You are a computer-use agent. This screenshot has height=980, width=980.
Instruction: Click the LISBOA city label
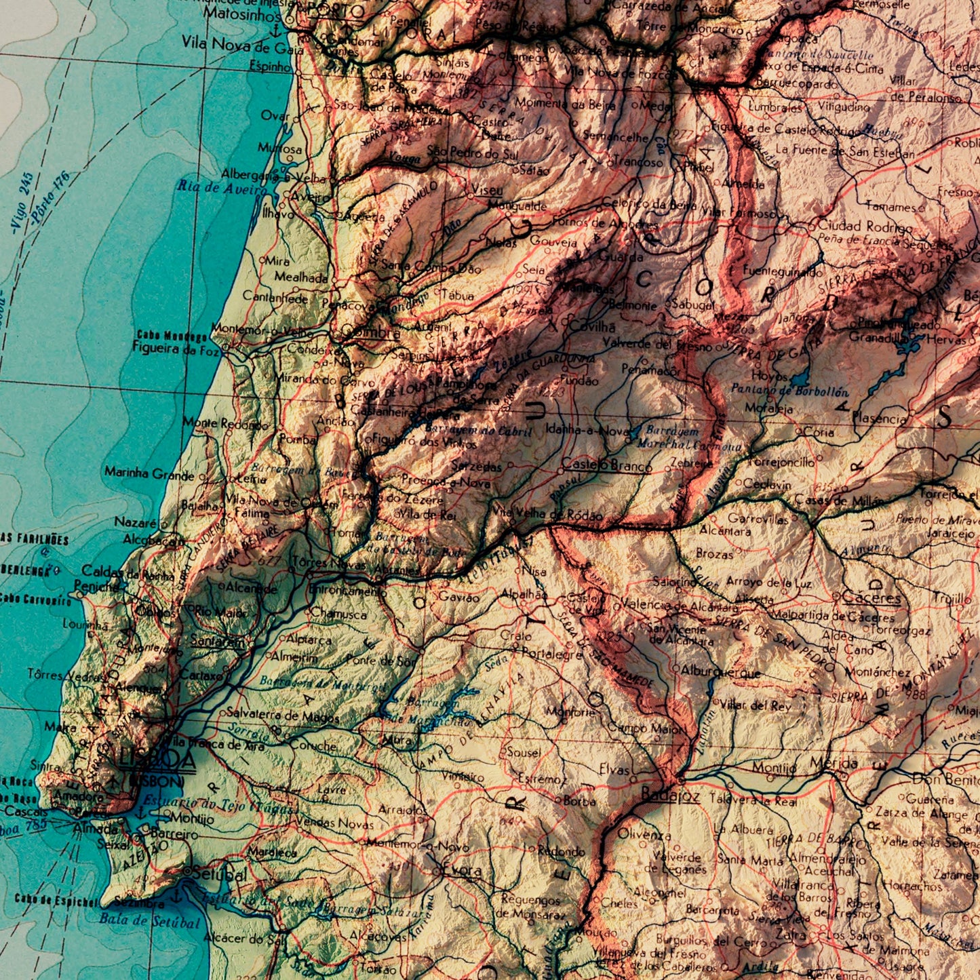[158, 760]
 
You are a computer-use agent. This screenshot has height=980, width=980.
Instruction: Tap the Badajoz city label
[670, 795]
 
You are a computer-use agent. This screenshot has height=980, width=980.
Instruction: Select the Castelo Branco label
[606, 465]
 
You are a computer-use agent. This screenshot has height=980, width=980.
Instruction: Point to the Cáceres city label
[871, 597]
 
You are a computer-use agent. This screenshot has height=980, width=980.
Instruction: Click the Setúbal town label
[218, 874]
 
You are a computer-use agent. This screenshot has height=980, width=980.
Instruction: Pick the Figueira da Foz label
[176, 350]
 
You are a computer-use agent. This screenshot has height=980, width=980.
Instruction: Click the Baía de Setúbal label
[149, 922]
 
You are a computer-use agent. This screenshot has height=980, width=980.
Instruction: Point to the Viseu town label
[487, 191]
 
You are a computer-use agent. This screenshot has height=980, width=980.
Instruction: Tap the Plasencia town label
[879, 418]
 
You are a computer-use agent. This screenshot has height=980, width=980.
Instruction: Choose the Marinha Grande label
[149, 473]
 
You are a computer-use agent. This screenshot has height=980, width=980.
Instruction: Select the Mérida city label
[834, 764]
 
